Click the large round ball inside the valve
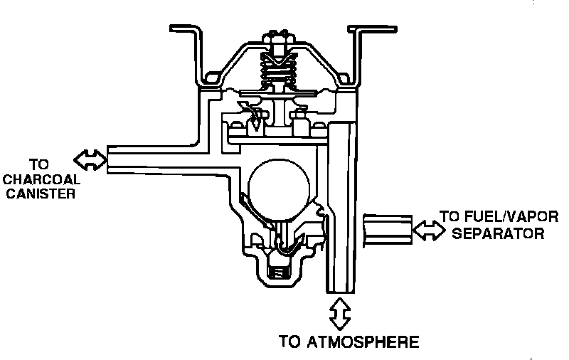[279, 186]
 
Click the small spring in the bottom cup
[278, 271]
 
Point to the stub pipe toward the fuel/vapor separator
[388, 230]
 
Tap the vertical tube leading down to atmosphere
[340, 213]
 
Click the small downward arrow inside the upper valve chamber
[254, 122]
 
